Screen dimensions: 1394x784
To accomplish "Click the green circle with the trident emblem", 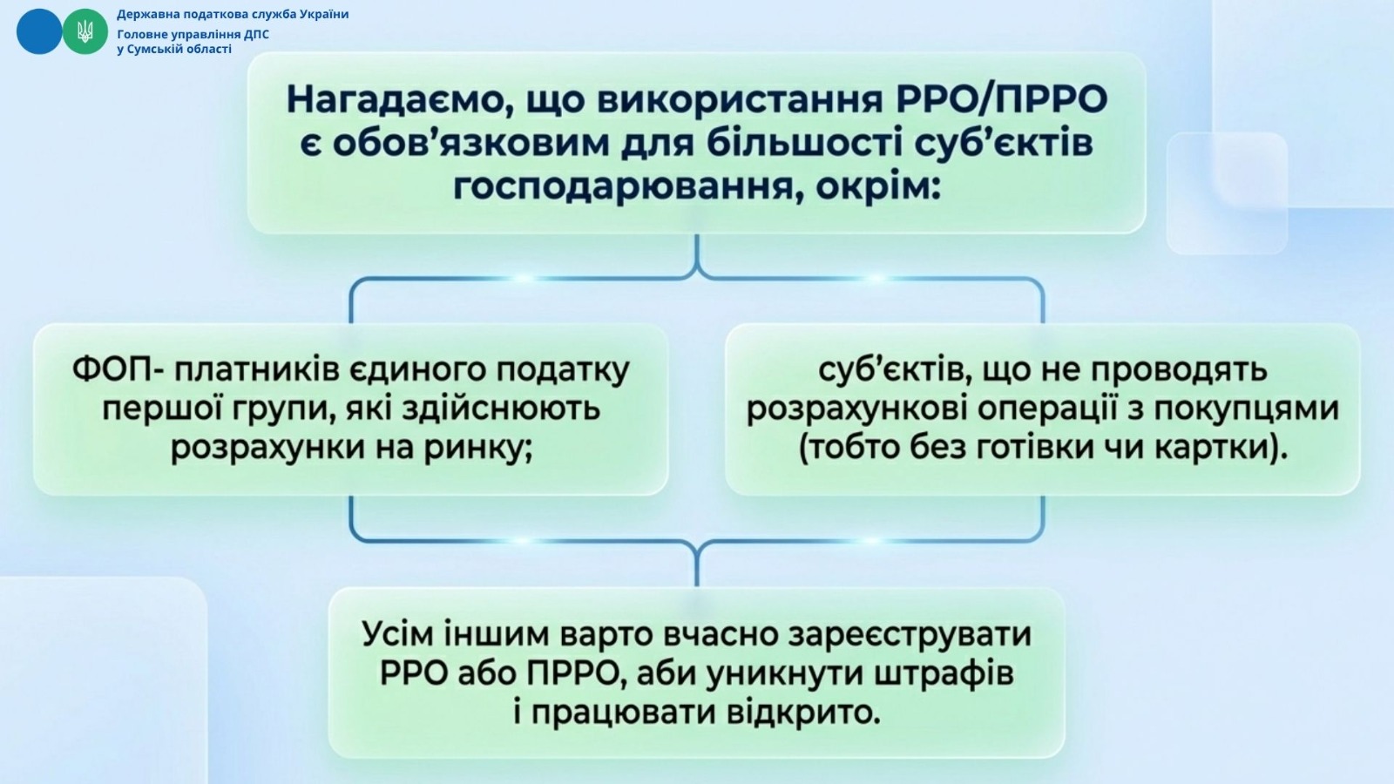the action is click(x=85, y=31).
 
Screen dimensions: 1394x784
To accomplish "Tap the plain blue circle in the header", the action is click(x=39, y=31).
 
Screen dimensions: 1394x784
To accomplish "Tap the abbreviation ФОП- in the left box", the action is click(x=118, y=370).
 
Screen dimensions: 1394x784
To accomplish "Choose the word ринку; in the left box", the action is click(x=478, y=449).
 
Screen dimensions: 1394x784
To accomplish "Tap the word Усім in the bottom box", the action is click(x=397, y=634).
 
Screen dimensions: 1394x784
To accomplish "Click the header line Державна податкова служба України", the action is click(x=233, y=14).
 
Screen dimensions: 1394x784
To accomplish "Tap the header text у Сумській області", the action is click(x=174, y=49).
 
